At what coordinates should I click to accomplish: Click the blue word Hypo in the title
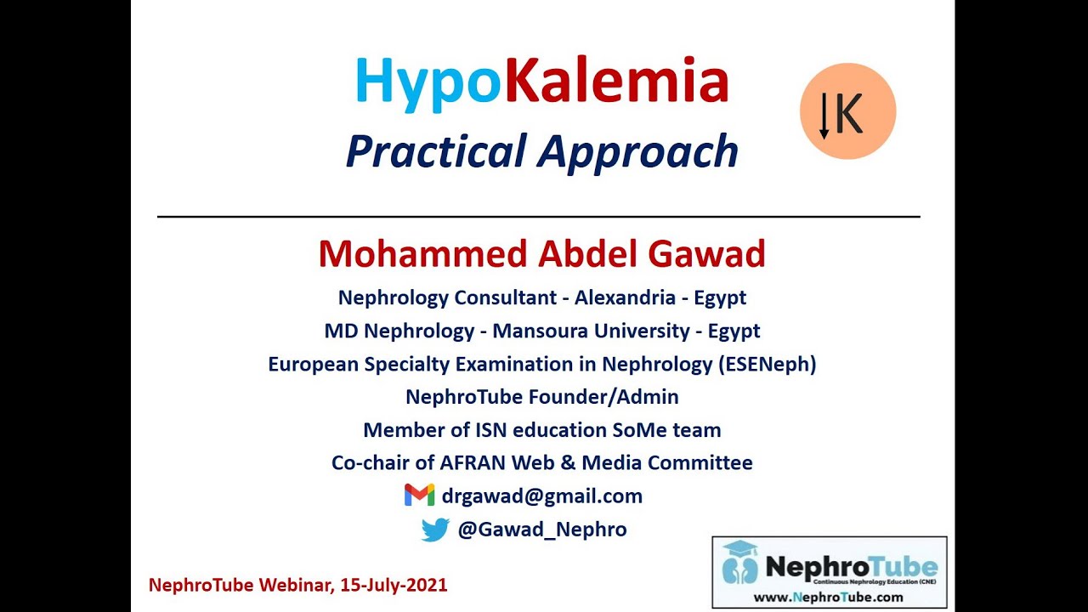[428, 83]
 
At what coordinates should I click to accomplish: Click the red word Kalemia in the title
[616, 82]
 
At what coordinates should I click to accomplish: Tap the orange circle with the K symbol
[847, 111]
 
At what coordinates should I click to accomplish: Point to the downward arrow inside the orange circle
[824, 116]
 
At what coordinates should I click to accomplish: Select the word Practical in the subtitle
[435, 151]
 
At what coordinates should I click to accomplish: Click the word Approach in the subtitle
[637, 151]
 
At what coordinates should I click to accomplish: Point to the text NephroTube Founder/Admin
[541, 397]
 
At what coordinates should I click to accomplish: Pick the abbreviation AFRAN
[473, 463]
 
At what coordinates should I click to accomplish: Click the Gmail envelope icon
[419, 496]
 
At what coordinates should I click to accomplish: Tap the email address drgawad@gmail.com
[541, 496]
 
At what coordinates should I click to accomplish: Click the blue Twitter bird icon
[435, 530]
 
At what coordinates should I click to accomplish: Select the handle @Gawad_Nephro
[541, 530]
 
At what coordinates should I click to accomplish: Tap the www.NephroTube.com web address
[829, 597]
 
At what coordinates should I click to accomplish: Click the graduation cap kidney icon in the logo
[739, 562]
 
